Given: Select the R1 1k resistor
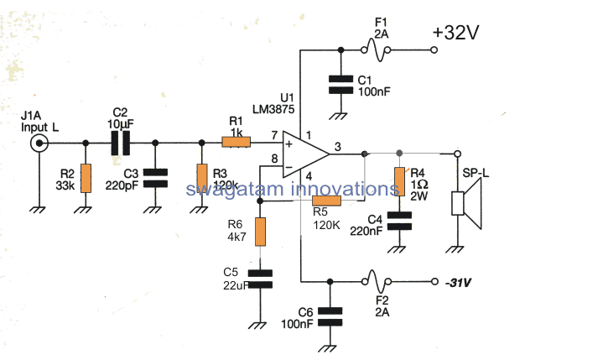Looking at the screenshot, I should (x=236, y=143).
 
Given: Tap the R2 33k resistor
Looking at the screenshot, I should (x=85, y=179).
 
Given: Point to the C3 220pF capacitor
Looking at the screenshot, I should (x=155, y=178).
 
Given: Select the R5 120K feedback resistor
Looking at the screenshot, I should (x=326, y=200).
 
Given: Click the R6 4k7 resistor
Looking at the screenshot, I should (x=261, y=231).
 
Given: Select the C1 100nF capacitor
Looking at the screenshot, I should (x=340, y=84).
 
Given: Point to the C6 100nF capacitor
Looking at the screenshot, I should (x=330, y=315).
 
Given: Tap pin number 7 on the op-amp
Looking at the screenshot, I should (x=274, y=135).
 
